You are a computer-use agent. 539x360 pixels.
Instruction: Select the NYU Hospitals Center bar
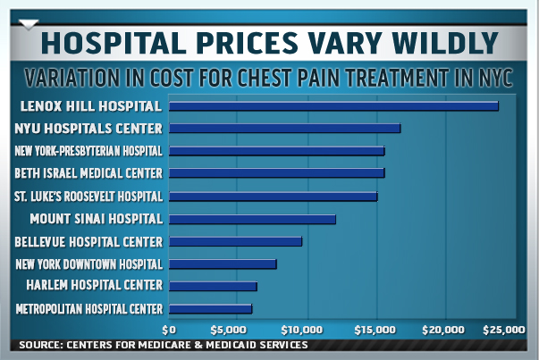click(x=284, y=129)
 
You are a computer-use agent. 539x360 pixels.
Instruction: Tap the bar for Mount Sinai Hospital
click(x=251, y=219)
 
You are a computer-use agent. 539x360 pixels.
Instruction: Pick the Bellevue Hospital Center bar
click(x=235, y=241)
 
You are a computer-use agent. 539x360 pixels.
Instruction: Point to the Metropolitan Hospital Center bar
click(x=210, y=309)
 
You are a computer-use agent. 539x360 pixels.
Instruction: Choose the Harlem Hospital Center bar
click(x=213, y=287)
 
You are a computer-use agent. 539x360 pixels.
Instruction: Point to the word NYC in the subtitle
click(x=493, y=79)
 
